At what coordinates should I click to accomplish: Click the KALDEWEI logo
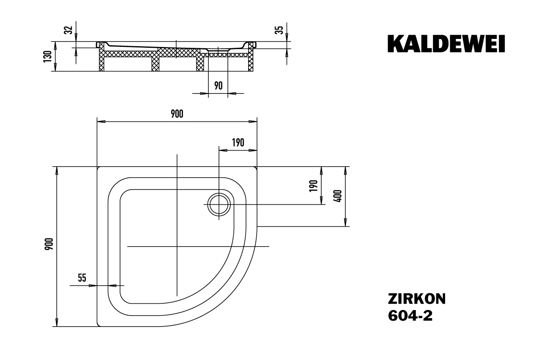pos(446,44)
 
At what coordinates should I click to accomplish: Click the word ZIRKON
pos(416,299)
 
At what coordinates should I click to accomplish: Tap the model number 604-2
pos(410,316)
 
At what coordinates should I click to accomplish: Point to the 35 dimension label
pos(279,30)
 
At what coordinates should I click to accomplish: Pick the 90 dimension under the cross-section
pos(218,86)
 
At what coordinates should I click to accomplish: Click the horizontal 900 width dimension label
pos(177,114)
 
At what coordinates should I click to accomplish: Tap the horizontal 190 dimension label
pos(238,143)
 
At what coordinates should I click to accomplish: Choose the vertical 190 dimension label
pos(313,186)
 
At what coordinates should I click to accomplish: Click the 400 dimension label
pos(338,196)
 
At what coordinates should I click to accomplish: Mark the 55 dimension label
pos(82,278)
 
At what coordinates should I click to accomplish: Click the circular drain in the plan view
pos(219,205)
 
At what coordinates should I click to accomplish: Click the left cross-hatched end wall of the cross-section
pos(101,59)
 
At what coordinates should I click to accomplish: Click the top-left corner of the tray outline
pos(98,168)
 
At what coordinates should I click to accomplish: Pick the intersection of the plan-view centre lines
pos(177,246)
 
